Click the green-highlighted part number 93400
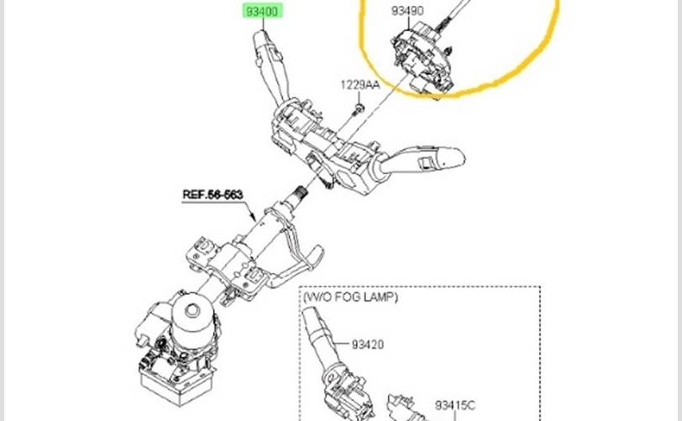tap(262, 11)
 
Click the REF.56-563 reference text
tap(212, 195)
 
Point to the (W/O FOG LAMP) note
tap(350, 297)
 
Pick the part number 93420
tap(368, 344)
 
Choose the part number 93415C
tap(455, 405)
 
